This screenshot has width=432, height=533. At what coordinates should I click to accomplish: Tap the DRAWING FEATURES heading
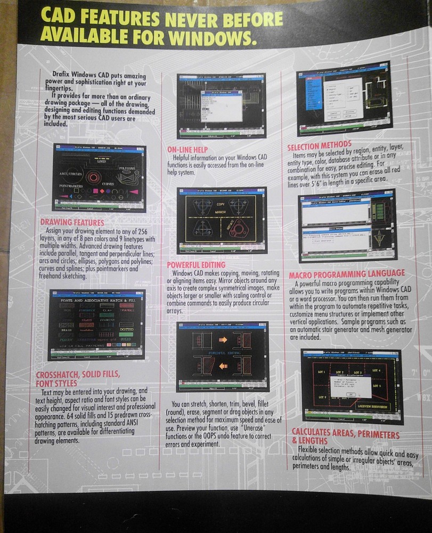pyautogui.click(x=72, y=222)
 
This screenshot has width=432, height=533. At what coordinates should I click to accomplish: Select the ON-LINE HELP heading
pyautogui.click(x=187, y=150)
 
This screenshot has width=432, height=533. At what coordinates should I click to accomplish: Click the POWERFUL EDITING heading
pyautogui.click(x=196, y=265)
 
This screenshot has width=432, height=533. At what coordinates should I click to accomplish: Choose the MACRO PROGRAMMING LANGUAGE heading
pyautogui.click(x=347, y=275)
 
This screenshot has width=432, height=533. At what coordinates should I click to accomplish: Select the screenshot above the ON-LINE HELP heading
pyautogui.click(x=221, y=106)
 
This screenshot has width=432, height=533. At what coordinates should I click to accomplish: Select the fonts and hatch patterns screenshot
pyautogui.click(x=96, y=325)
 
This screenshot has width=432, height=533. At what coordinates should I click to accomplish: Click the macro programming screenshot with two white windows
pyautogui.click(x=347, y=228)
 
